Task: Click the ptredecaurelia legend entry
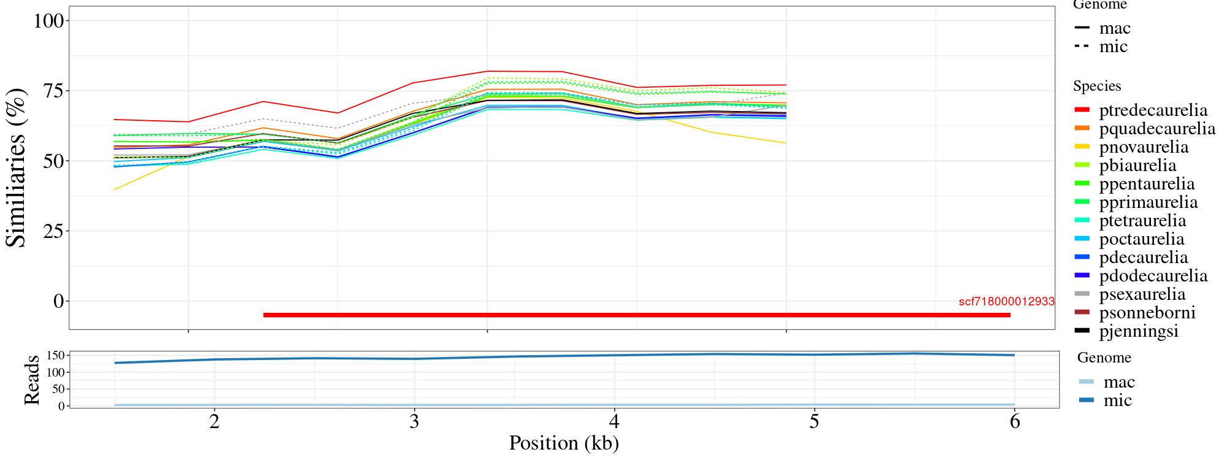point(1153,110)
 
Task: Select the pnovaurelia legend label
point(1144,147)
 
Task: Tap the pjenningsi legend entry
point(1139,331)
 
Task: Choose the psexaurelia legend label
point(1142,294)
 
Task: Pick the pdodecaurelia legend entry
point(1153,276)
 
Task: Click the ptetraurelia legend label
point(1142,221)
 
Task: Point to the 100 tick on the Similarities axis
point(48,21)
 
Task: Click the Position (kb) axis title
point(563,443)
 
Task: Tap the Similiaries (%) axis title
point(17,167)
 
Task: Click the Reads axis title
point(31,380)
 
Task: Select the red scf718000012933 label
point(1006,301)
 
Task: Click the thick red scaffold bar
point(636,315)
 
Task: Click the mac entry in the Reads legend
point(1118,382)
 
